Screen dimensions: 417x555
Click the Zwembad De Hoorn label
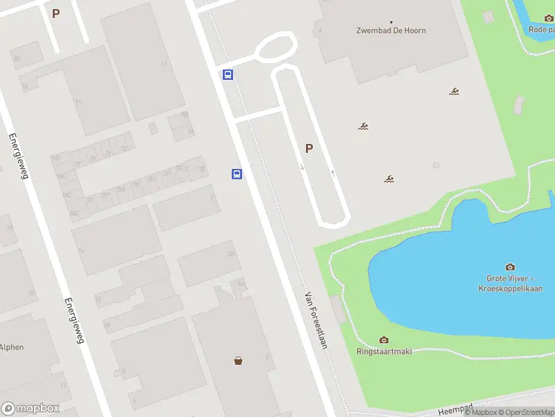tap(391, 31)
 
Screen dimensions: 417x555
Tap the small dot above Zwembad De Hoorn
tap(391, 21)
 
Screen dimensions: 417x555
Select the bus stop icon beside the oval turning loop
tap(228, 74)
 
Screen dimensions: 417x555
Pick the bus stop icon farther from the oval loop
tap(237, 174)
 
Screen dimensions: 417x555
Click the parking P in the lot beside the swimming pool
tap(309, 148)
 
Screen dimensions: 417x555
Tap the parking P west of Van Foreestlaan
tap(55, 13)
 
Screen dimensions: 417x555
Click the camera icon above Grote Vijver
tap(511, 267)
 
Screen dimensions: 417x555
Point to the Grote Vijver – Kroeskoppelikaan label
tap(510, 284)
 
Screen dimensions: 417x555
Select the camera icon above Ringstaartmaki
tap(384, 340)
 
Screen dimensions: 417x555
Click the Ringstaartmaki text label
tap(384, 351)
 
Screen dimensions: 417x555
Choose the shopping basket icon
tap(239, 361)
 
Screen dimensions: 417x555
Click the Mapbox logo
tap(31, 408)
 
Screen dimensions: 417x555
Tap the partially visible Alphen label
tap(12, 347)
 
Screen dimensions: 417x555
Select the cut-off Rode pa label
tap(542, 29)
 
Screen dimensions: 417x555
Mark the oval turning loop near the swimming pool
tap(276, 47)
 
